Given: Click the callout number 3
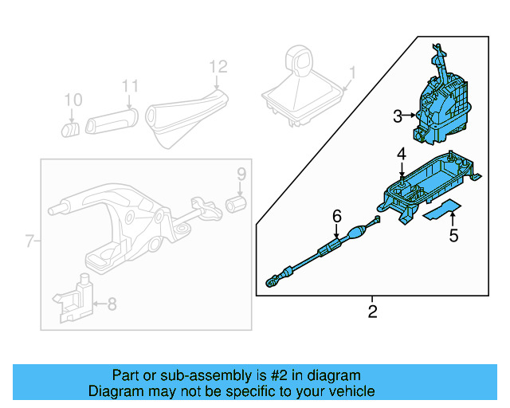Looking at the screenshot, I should pos(398,116).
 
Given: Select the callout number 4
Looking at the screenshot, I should pos(402,153).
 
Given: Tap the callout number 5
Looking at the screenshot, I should pos(453,236).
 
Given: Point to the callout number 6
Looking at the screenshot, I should pos(337,216).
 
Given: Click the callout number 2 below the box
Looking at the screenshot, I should pos(372,311).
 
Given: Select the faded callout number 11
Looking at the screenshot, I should pos(130,86).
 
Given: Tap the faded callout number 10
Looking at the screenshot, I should pos(73,100).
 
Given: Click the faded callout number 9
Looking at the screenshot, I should pos(241,174).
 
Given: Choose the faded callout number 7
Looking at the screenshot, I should pos(29,241).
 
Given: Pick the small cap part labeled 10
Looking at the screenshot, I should pos(71,128).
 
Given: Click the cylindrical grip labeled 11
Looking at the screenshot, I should pos(112,123).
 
